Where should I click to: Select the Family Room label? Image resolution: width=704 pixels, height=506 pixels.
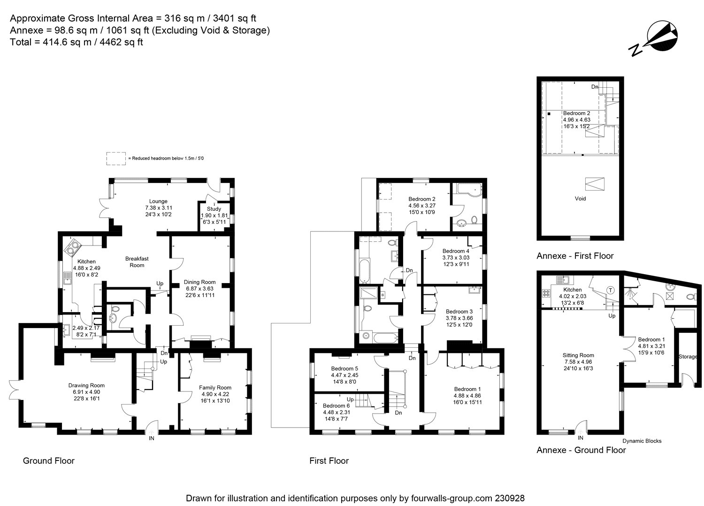(x=215, y=387)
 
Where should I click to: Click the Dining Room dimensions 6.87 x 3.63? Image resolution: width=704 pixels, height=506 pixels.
(x=200, y=289)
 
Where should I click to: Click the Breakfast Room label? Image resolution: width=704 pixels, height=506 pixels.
(x=137, y=262)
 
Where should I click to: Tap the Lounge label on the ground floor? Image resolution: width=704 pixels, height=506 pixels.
(x=158, y=201)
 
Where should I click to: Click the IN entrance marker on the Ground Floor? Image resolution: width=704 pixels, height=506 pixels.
(x=151, y=438)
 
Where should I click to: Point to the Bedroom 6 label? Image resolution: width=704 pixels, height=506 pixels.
(x=336, y=406)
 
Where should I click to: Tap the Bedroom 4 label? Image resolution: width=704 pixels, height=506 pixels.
(x=455, y=251)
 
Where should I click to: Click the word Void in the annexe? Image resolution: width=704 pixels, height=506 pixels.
(x=580, y=199)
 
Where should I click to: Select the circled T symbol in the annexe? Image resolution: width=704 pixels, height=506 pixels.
(x=611, y=290)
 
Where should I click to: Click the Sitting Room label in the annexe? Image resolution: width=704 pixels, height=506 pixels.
(x=578, y=355)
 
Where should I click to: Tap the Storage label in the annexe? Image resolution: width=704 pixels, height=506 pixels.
(x=688, y=357)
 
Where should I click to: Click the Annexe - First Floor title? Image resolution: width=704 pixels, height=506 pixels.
(x=575, y=256)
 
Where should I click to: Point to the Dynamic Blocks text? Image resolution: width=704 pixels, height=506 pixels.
(x=642, y=441)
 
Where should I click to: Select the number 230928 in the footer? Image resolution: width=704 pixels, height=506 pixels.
(x=509, y=498)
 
